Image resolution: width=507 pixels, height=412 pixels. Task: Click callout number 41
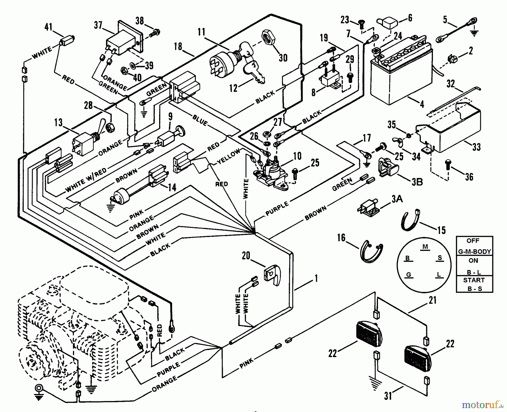click(x=48, y=27)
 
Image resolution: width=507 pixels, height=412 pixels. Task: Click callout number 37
click(x=98, y=25)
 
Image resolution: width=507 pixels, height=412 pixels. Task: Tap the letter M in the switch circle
click(x=425, y=247)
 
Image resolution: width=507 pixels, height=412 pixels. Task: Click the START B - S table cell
click(x=475, y=284)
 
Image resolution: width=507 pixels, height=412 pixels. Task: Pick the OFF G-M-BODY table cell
click(x=475, y=246)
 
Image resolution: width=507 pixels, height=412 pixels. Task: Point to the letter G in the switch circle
click(x=408, y=275)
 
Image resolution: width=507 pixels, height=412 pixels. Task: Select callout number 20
click(x=246, y=256)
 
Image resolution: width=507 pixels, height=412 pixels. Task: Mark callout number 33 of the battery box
click(x=476, y=147)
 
